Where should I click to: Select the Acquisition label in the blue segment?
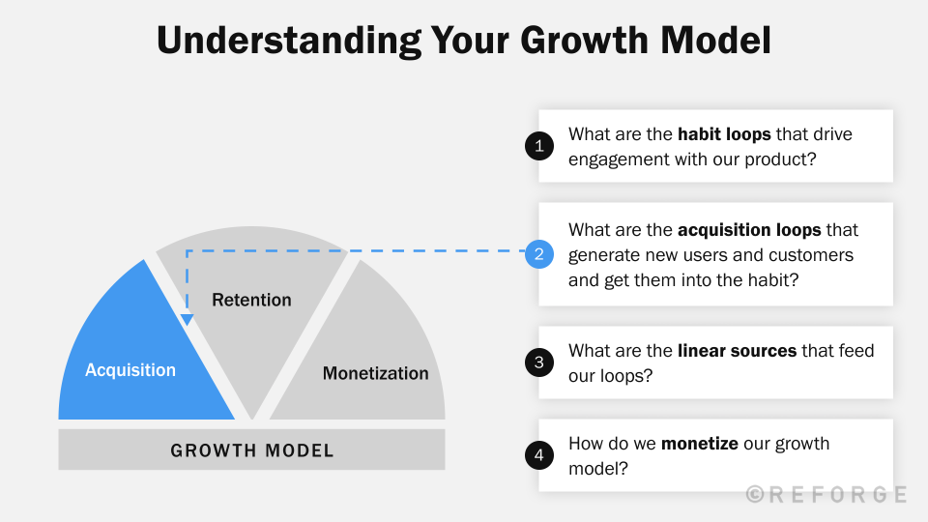tap(130, 370)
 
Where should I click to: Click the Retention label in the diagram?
tap(251, 300)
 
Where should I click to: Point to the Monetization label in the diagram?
tap(375, 373)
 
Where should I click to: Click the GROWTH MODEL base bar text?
tap(251, 450)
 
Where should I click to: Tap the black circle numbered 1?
tap(538, 146)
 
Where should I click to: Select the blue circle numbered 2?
tap(538, 254)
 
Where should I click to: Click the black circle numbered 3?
tap(538, 362)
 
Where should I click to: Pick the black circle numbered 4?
tap(538, 455)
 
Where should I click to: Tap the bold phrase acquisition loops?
tap(749, 230)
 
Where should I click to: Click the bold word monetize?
tap(699, 444)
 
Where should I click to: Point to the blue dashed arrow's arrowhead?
tap(187, 320)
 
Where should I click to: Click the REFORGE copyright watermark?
tap(826, 494)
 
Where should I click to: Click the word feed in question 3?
tap(855, 350)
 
